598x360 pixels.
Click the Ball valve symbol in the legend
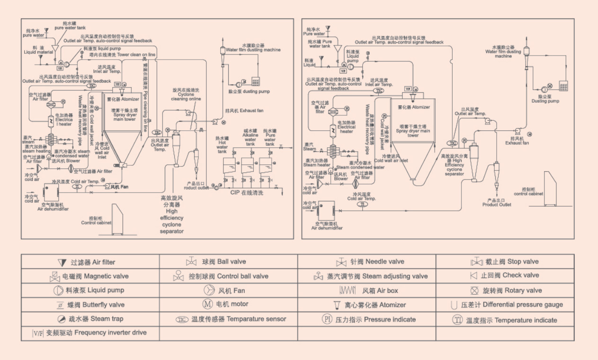coord(192,261)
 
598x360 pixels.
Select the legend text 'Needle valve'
coord(385,261)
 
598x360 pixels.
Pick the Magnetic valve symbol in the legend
coord(55,277)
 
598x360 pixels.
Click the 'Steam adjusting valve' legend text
coord(395,276)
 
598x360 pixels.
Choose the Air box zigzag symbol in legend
coord(348,290)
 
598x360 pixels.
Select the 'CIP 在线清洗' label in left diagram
coord(247,193)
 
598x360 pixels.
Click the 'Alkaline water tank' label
coord(250,137)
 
